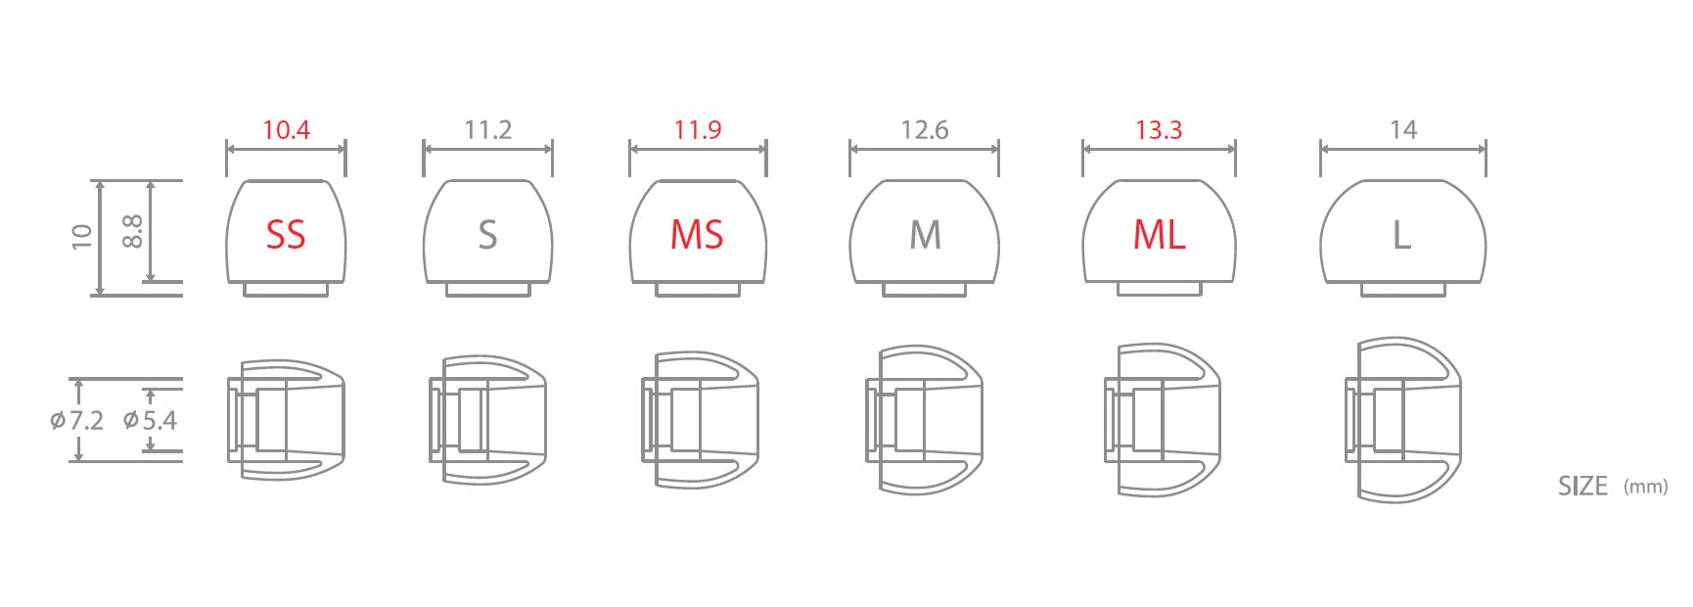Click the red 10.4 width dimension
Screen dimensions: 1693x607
(x=286, y=130)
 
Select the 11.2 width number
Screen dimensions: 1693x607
(x=487, y=130)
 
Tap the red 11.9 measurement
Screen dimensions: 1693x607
(x=698, y=130)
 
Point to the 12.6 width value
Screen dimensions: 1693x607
(x=925, y=130)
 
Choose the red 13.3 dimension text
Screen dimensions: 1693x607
(x=1159, y=130)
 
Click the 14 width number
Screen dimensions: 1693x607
(x=1403, y=130)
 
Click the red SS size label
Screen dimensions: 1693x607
(x=286, y=235)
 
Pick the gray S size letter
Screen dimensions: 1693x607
(x=487, y=235)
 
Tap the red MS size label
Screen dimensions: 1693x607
(x=697, y=235)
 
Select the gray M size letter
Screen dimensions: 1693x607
(x=926, y=235)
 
